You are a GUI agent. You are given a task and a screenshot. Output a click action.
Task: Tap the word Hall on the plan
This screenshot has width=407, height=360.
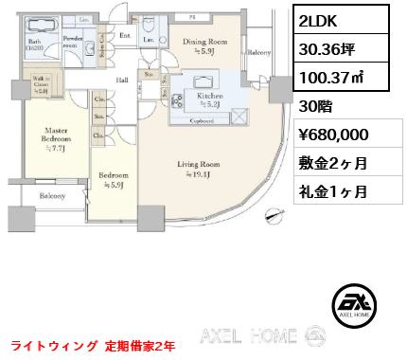click(123, 81)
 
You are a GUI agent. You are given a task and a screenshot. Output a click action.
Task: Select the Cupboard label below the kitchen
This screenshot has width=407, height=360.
click(199, 120)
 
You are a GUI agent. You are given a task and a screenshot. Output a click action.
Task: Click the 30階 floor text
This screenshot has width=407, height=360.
click(309, 105)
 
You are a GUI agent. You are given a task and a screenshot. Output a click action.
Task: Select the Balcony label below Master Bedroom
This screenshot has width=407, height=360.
click(53, 196)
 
